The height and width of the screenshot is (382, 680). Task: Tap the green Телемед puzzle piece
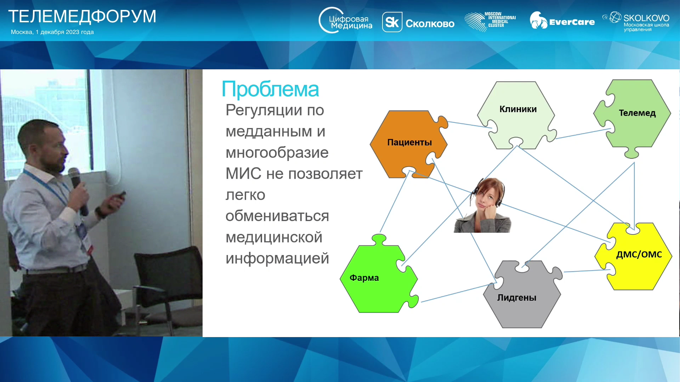(x=633, y=117)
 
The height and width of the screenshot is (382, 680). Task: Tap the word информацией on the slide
(x=277, y=259)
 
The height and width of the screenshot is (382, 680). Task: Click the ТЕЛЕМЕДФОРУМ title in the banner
(x=82, y=16)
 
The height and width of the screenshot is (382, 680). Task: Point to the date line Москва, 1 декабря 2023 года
(x=52, y=32)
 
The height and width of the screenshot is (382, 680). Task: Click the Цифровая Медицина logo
(x=345, y=21)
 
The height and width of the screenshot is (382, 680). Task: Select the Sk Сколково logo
(x=418, y=22)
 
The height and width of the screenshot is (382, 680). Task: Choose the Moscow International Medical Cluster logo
(x=490, y=21)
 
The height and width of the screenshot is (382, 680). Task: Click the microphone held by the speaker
(x=78, y=191)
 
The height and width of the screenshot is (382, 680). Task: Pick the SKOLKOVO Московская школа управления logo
(x=636, y=22)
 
